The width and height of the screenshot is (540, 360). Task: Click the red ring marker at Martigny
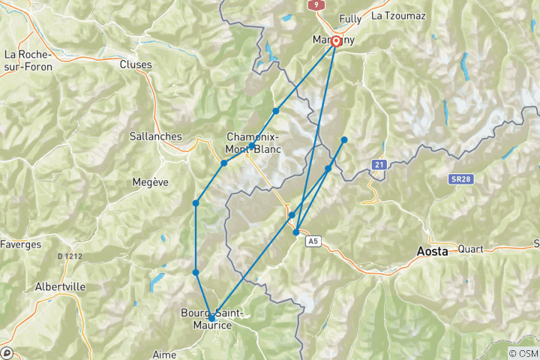336,42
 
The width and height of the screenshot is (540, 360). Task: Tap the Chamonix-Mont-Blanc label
253,142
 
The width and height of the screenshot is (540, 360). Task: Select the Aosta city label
433,253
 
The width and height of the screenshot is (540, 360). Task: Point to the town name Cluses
136,64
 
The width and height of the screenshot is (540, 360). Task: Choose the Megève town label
149,181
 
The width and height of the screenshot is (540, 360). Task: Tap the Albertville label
60,286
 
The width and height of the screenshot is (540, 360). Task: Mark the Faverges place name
21,244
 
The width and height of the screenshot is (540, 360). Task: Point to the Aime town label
163,352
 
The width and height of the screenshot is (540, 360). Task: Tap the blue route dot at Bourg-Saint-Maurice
211,319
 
